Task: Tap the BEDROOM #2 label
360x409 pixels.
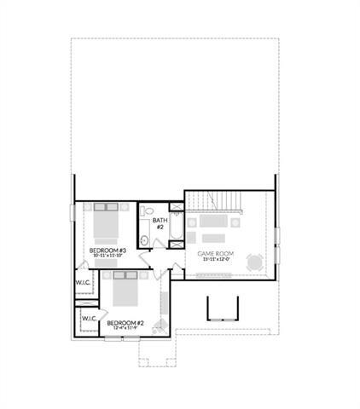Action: (124, 322)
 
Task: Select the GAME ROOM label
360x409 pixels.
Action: (215, 253)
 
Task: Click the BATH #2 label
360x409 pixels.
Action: (160, 223)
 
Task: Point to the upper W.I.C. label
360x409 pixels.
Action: (83, 282)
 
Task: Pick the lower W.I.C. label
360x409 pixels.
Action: (90, 319)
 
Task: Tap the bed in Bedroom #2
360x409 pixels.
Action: (125, 291)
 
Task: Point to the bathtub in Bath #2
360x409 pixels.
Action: (176, 227)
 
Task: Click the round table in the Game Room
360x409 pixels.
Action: (253, 262)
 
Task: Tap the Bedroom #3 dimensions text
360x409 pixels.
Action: (107, 256)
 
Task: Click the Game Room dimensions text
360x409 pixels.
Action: (215, 260)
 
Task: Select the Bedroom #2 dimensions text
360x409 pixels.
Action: (124, 328)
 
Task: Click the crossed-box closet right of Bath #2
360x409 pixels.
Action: (176, 205)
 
